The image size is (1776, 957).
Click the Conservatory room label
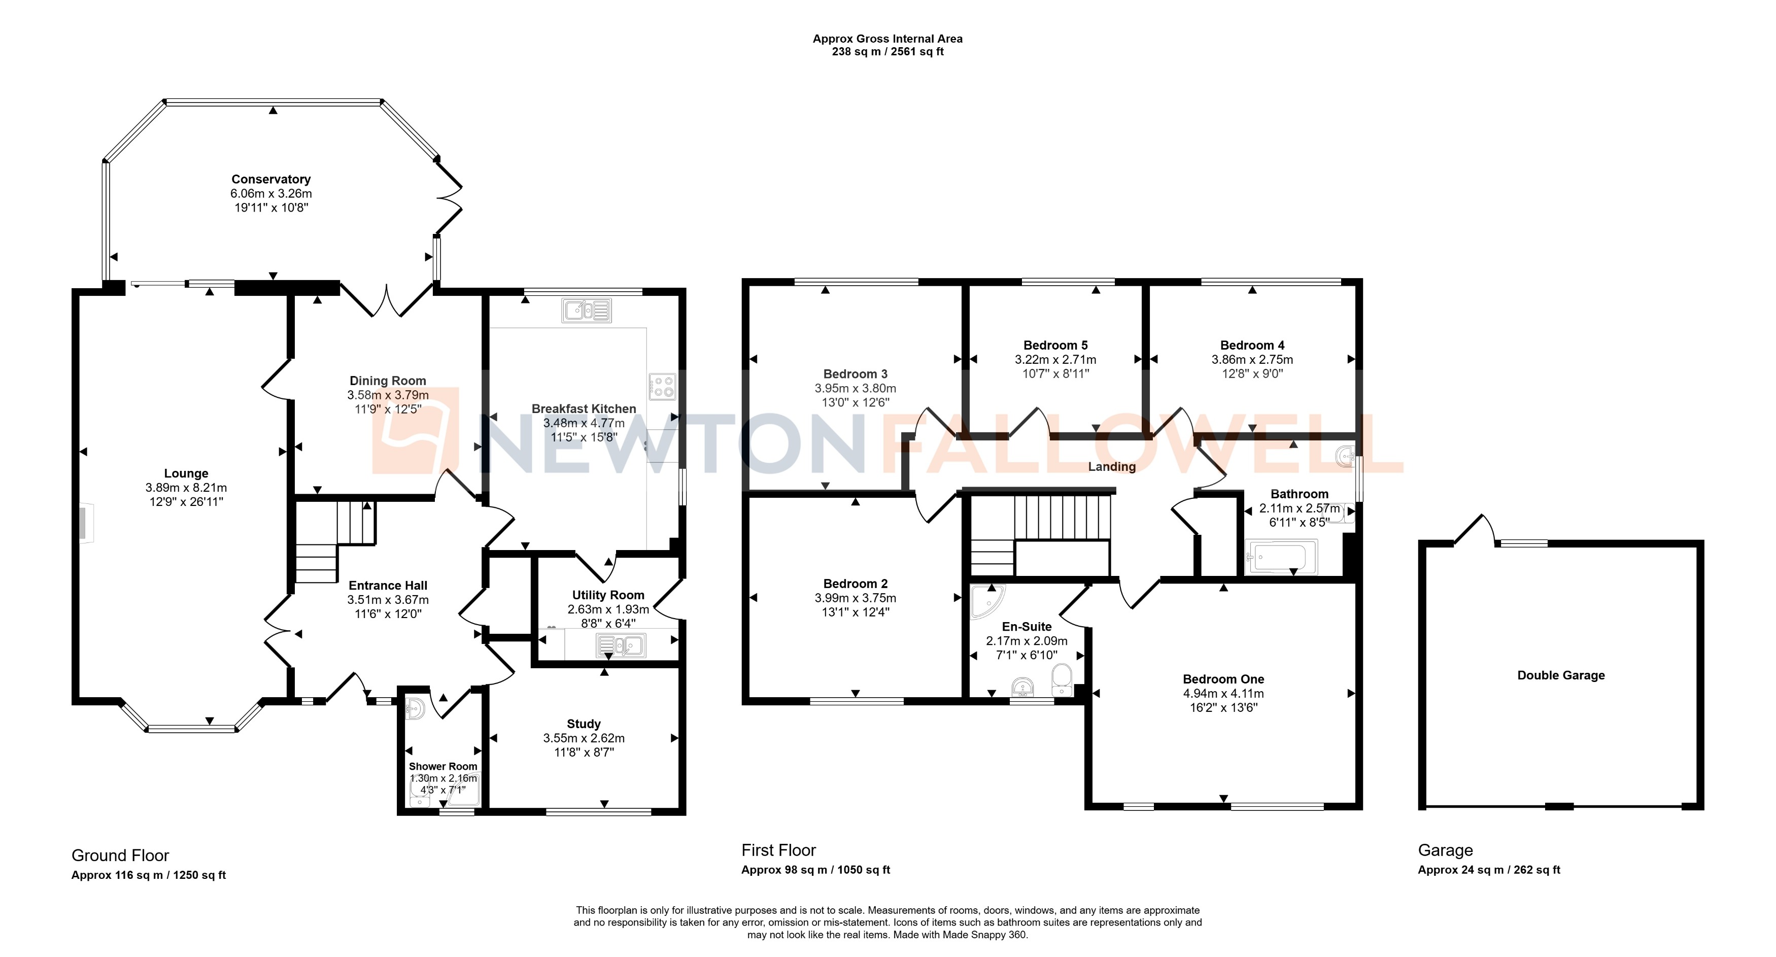tap(271, 179)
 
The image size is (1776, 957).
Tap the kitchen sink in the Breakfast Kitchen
tap(587, 310)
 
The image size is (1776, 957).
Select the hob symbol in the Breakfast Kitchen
tap(662, 387)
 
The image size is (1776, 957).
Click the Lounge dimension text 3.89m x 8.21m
tap(186, 488)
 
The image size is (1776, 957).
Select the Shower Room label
tap(442, 766)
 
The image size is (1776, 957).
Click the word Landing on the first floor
tap(1111, 467)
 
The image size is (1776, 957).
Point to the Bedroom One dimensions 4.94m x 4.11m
tap(1223, 693)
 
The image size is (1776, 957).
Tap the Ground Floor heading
tap(121, 855)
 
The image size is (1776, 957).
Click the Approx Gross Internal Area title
tap(887, 39)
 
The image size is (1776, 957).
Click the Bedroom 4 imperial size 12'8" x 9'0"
tap(1252, 373)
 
